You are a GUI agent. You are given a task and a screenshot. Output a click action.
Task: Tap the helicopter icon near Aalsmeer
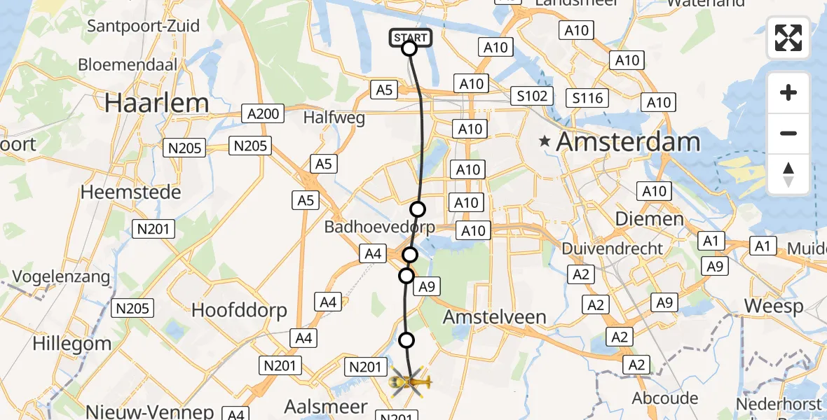coord(411,382)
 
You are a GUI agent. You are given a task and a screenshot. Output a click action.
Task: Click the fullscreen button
coord(788,38)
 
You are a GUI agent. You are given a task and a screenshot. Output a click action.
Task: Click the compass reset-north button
coord(788,174)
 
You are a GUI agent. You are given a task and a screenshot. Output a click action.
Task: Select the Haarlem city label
coord(156,103)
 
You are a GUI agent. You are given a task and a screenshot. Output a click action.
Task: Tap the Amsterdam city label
coord(628,142)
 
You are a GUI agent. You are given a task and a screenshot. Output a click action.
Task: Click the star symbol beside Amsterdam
coord(545,141)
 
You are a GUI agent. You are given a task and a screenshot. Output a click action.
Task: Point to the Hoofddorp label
coord(239,310)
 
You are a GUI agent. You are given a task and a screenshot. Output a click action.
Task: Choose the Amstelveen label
coord(494,316)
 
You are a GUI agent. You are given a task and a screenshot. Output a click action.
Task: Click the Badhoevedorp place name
coord(379,227)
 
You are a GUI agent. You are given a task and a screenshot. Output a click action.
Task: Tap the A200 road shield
coord(264,113)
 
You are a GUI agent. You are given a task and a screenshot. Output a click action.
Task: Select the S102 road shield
coord(532,96)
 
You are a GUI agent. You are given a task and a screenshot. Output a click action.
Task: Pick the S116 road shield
coord(587,98)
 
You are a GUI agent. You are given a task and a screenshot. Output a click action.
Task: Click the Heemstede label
coord(130,191)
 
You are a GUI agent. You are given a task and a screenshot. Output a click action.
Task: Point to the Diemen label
coord(638,219)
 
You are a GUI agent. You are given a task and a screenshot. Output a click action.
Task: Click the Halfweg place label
coord(334,118)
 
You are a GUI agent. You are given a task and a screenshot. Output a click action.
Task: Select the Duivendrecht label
coord(612,248)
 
